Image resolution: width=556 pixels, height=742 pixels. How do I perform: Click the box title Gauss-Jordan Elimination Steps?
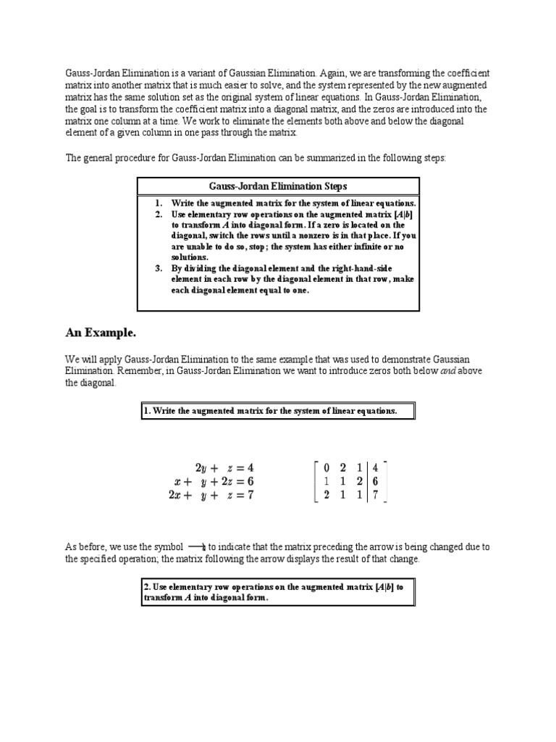tap(278, 186)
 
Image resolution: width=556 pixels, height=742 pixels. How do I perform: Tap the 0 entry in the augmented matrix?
tap(327, 467)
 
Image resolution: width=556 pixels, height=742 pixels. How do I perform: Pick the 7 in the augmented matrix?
tap(376, 496)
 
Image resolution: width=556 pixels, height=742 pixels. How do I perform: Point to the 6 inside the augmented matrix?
tap(376, 482)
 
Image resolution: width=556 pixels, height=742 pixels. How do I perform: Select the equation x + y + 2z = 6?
tap(214, 482)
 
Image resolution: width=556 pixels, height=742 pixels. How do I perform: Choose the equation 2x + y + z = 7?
tap(214, 496)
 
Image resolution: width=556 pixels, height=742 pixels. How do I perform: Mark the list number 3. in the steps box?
tap(159, 267)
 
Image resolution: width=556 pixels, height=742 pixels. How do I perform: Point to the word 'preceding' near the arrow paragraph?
tap(325, 547)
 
